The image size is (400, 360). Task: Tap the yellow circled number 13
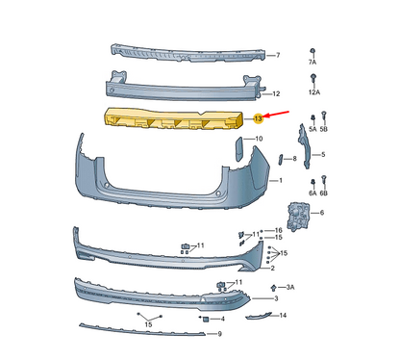pyautogui.click(x=258, y=118)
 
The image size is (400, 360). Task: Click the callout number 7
pyautogui.click(x=278, y=55)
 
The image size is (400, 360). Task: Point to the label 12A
pyautogui.click(x=314, y=92)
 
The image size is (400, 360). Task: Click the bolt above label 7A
pyautogui.click(x=312, y=52)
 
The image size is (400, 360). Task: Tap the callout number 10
pyautogui.click(x=259, y=139)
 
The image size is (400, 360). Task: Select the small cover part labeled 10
pyautogui.click(x=239, y=148)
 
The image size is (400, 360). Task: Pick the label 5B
pyautogui.click(x=324, y=129)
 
